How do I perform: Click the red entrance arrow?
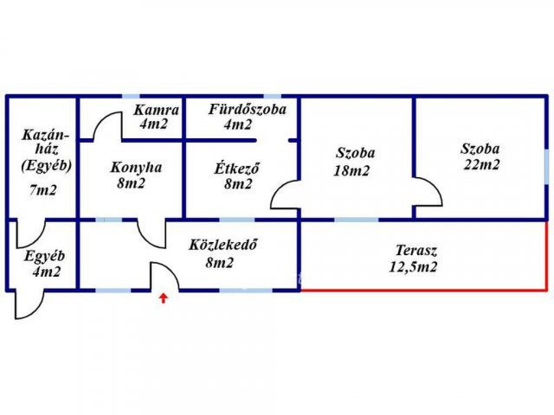coord(163,298)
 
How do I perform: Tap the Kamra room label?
coord(156,110)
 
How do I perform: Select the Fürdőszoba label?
coord(247,110)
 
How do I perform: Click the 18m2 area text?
coord(351,171)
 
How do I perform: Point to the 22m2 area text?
coord(481,164)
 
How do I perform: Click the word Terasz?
coord(416,251)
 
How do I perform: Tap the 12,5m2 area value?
coord(413,267)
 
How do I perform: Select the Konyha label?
coord(136,168)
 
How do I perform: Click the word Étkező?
coord(236,168)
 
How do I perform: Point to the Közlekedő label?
coord(222,245)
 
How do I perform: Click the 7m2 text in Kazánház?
coord(43,190)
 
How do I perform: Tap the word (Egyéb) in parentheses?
coord(46,165)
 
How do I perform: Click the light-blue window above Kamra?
coord(131,96)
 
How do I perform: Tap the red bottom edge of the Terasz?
coord(422,290)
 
